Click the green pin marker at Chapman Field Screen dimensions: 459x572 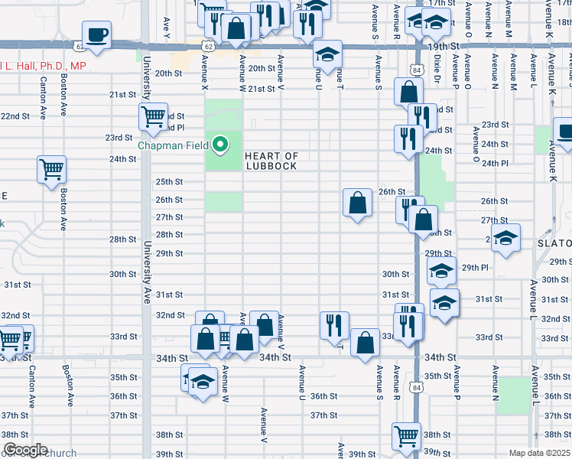tap(221, 143)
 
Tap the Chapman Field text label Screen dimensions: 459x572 tap(175, 145)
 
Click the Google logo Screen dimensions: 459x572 tap(24, 450)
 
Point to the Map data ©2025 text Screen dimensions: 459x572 tap(540, 453)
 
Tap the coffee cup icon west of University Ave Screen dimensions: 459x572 tap(97, 34)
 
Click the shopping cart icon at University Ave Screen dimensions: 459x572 tap(154, 116)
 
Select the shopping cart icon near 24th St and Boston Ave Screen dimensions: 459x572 tap(52, 168)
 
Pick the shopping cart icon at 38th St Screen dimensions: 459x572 tap(406, 436)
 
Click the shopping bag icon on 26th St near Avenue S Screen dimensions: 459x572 tap(357, 203)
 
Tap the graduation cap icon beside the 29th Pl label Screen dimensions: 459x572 tap(441, 271)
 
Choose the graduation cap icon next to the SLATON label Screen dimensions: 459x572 tap(505, 238)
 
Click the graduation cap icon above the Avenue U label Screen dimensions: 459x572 tap(327, 55)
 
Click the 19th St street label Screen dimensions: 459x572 tap(443, 47)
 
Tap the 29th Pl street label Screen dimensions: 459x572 tap(475, 267)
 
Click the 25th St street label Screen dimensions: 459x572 tap(169, 182)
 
